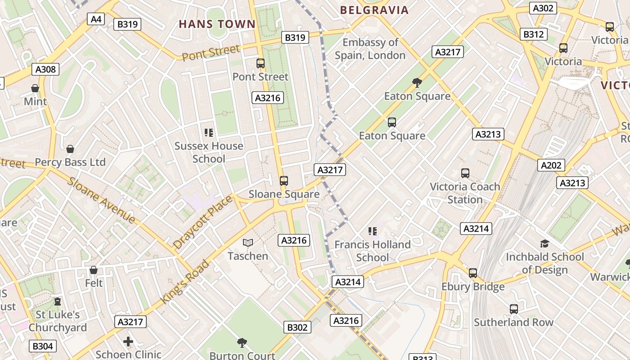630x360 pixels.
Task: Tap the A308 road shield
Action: [x=45, y=69]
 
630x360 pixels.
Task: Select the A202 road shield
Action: [x=551, y=165]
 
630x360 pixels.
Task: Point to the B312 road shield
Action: [x=534, y=34]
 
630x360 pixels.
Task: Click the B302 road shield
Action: [x=297, y=327]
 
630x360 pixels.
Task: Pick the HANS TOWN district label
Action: [x=217, y=24]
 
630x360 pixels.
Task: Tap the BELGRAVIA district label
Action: [x=374, y=10]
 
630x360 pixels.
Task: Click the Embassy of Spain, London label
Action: [x=370, y=49]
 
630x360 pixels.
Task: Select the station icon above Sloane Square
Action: [x=283, y=181]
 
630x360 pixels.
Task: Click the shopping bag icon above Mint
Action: [x=35, y=88]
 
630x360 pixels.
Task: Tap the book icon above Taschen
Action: [x=247, y=243]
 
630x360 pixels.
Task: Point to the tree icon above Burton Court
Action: [x=242, y=343]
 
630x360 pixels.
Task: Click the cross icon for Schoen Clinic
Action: [x=128, y=342]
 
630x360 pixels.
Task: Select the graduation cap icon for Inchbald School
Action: [x=544, y=244]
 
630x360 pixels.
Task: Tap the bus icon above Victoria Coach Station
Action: [x=465, y=173]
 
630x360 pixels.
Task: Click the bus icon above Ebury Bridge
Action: [x=472, y=273]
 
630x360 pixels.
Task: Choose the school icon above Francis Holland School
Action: [x=372, y=231]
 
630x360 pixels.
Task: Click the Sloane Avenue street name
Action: [x=101, y=200]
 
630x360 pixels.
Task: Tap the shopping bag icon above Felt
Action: [x=94, y=270]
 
